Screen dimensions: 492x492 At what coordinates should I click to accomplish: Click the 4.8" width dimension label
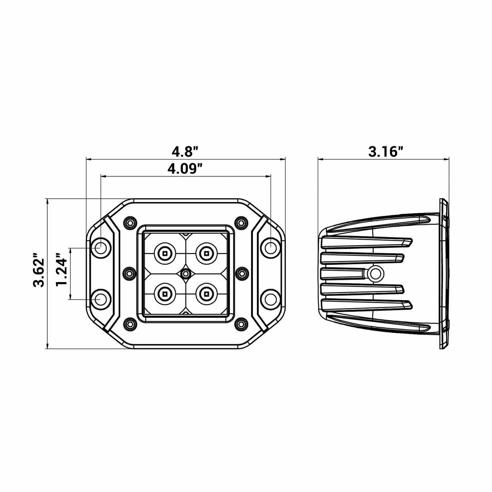pyautogui.click(x=185, y=152)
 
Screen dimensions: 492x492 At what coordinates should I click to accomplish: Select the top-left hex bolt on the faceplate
pyautogui.click(x=130, y=216)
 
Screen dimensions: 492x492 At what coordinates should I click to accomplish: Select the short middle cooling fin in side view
pyautogui.click(x=341, y=274)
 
